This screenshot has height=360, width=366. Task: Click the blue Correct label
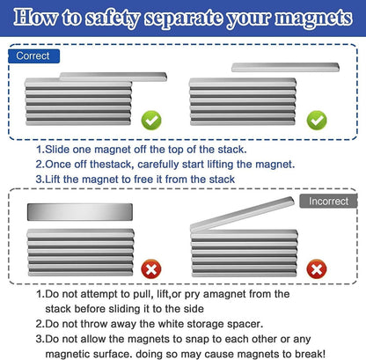[33, 56]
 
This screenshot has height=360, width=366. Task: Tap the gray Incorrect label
[328, 201]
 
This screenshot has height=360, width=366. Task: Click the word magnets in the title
[313, 18]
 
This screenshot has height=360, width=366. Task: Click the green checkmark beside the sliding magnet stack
[151, 121]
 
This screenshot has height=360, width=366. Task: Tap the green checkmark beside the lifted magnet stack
[317, 121]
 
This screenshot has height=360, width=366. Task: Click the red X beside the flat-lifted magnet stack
[151, 268]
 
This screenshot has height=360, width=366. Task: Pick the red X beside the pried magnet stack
[317, 268]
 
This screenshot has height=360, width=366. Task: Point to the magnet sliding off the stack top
[113, 77]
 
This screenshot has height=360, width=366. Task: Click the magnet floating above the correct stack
[285, 67]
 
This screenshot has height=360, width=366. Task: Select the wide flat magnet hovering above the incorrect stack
[80, 212]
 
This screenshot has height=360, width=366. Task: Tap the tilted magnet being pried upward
[242, 214]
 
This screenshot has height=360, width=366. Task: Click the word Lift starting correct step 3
[53, 179]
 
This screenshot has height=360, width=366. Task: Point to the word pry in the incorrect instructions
[192, 294]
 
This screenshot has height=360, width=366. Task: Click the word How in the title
[35, 18]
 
